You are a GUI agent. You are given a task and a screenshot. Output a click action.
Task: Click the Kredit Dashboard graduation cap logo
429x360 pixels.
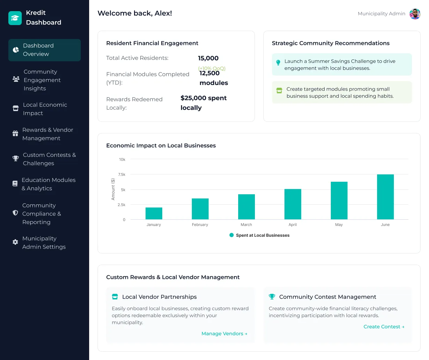pyautogui.click(x=15, y=18)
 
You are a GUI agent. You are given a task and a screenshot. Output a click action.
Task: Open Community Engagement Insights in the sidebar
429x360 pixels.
pyautogui.click(x=42, y=80)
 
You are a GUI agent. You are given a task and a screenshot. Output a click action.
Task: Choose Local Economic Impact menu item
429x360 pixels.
pyautogui.click(x=45, y=109)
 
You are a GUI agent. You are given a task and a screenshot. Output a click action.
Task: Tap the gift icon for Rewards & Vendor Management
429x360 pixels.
pyautogui.click(x=15, y=134)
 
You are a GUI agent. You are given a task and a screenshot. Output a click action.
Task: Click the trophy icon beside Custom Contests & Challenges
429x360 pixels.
pyautogui.click(x=16, y=159)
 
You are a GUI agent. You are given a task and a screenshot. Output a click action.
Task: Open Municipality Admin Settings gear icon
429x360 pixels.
pyautogui.click(x=15, y=242)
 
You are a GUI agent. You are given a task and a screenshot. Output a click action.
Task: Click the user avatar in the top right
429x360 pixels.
pyautogui.click(x=415, y=14)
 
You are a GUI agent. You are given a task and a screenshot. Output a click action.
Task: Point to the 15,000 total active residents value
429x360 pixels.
pyautogui.click(x=208, y=58)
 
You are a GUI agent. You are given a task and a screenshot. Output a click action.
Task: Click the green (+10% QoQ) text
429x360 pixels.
pyautogui.click(x=212, y=68)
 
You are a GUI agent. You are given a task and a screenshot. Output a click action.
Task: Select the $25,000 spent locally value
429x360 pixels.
pyautogui.click(x=203, y=103)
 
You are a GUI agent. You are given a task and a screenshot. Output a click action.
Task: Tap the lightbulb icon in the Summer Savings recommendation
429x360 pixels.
pyautogui.click(x=278, y=63)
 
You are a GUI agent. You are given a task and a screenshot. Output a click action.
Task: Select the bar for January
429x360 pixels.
pyautogui.click(x=154, y=213)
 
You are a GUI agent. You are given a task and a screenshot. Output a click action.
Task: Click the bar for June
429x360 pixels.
pyautogui.click(x=385, y=197)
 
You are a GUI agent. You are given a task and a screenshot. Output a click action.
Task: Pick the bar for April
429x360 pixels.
pyautogui.click(x=292, y=204)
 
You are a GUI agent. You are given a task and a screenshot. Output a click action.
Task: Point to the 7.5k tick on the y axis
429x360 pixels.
pyautogui.click(x=122, y=174)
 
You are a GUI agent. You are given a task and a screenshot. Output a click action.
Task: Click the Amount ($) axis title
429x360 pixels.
pyautogui.click(x=113, y=189)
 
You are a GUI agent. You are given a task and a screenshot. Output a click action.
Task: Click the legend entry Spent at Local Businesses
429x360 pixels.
pyautogui.click(x=259, y=235)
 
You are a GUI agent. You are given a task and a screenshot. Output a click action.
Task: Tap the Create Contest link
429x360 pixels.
pyautogui.click(x=384, y=327)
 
